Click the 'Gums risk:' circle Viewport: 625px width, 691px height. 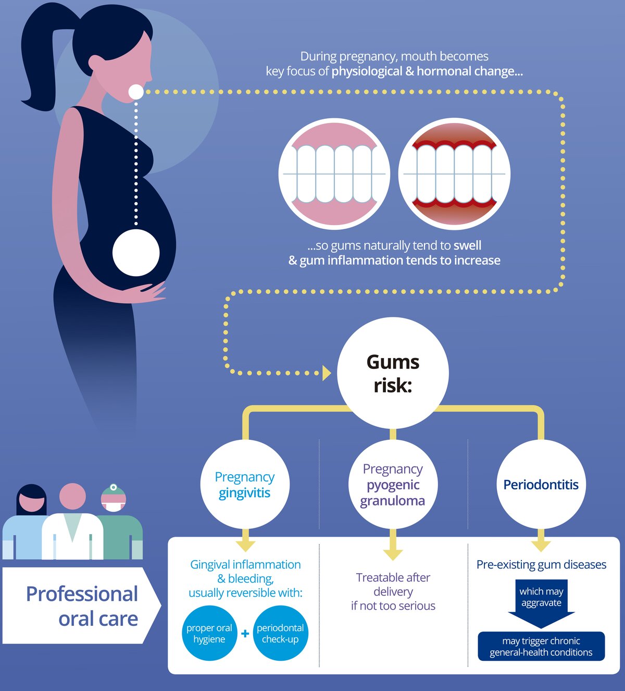tap(393, 373)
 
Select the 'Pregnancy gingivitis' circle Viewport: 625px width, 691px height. tap(245, 485)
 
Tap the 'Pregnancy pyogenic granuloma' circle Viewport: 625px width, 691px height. tap(393, 485)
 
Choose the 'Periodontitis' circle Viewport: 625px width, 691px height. tap(541, 485)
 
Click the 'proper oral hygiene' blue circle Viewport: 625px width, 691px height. tap(209, 633)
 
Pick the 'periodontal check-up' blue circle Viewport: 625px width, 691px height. tap(280, 633)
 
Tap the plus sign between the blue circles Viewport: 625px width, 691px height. tap(245, 634)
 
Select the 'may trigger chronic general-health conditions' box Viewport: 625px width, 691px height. tap(541, 646)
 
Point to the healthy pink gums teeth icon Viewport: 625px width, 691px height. tap(334, 174)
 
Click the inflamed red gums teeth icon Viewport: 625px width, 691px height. tap(454, 174)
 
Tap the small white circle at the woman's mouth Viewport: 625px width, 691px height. tap(136, 92)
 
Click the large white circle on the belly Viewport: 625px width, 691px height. tap(136, 253)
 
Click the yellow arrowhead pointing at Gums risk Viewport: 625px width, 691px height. tap(327, 373)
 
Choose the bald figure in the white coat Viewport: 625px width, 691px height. tap(72, 526)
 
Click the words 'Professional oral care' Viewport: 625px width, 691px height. tap(82, 606)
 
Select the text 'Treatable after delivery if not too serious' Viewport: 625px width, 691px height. tap(393, 591)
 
